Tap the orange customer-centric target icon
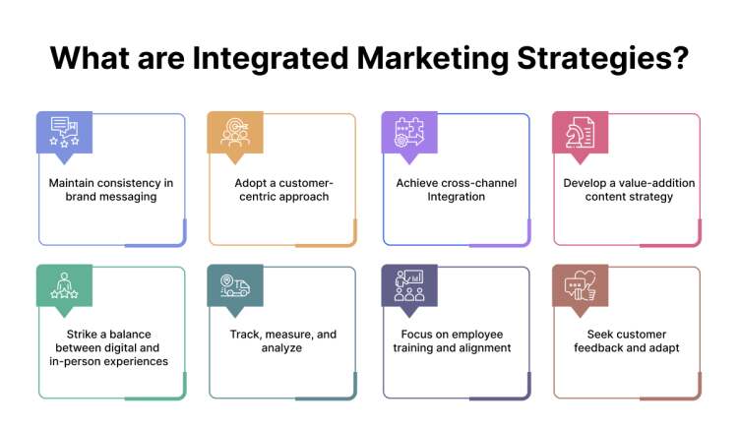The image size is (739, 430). [x=233, y=133]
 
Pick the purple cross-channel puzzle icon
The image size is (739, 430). [x=407, y=133]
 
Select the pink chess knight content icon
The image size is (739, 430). [x=579, y=133]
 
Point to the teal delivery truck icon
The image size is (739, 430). [x=233, y=285]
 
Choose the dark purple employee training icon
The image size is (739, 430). [x=407, y=285]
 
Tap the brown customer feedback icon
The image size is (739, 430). [x=579, y=285]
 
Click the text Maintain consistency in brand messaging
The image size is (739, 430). [x=112, y=189]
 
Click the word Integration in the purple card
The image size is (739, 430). [x=456, y=196]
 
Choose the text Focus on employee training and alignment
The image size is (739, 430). [x=456, y=341]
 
